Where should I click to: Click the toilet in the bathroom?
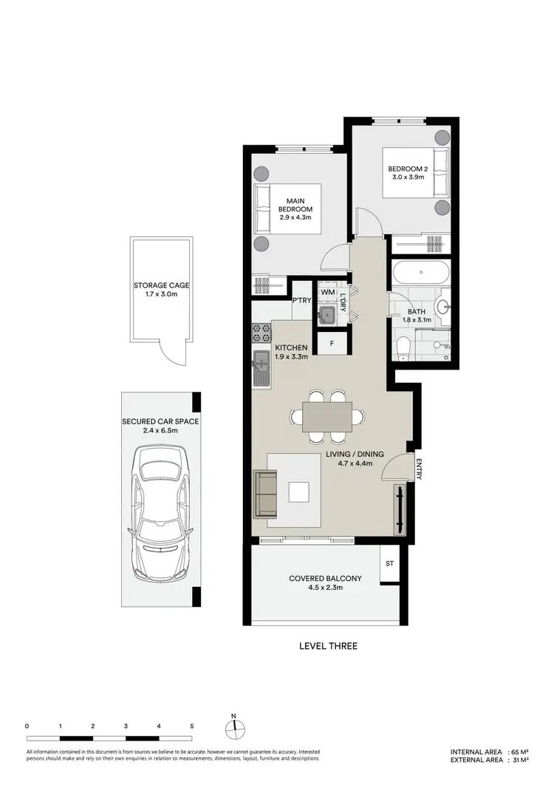coord(404,347)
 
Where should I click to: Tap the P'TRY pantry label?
coord(301,301)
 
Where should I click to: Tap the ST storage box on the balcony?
coord(389,564)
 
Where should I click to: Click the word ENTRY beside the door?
coord(418,470)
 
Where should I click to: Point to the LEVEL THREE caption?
coord(328,646)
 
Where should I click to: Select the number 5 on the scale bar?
coord(192,727)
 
